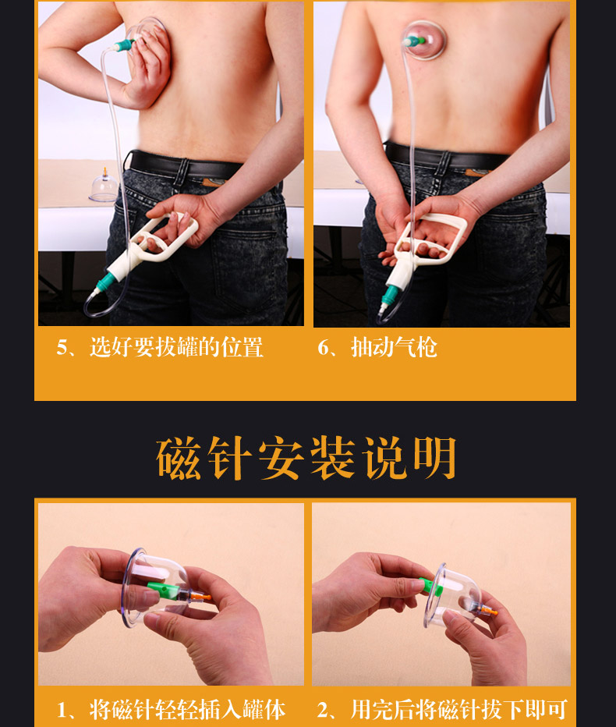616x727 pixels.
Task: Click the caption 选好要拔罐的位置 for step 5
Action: (x=176, y=347)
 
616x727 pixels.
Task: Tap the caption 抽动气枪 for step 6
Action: (x=394, y=347)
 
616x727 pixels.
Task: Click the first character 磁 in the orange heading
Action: (x=179, y=459)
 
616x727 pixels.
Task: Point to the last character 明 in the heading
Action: (x=434, y=459)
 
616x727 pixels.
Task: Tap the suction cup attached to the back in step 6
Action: (x=424, y=37)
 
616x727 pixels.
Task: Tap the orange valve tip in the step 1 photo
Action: (x=204, y=597)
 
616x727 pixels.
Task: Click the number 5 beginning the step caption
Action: (x=62, y=348)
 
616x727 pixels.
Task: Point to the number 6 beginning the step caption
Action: (x=323, y=348)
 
